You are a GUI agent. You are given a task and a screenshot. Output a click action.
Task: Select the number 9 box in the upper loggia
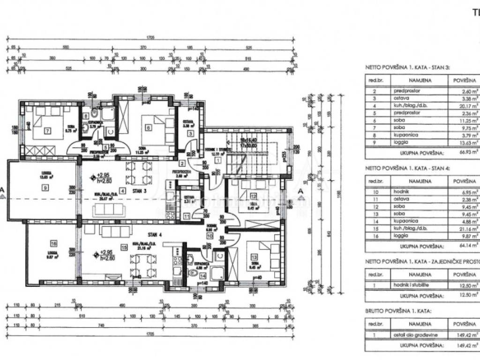pyautogui.click(x=45, y=187)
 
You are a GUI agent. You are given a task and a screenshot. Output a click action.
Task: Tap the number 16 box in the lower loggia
pyautogui.click(x=53, y=243)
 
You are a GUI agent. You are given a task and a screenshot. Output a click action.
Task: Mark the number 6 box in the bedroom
pyautogui.click(x=148, y=127)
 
